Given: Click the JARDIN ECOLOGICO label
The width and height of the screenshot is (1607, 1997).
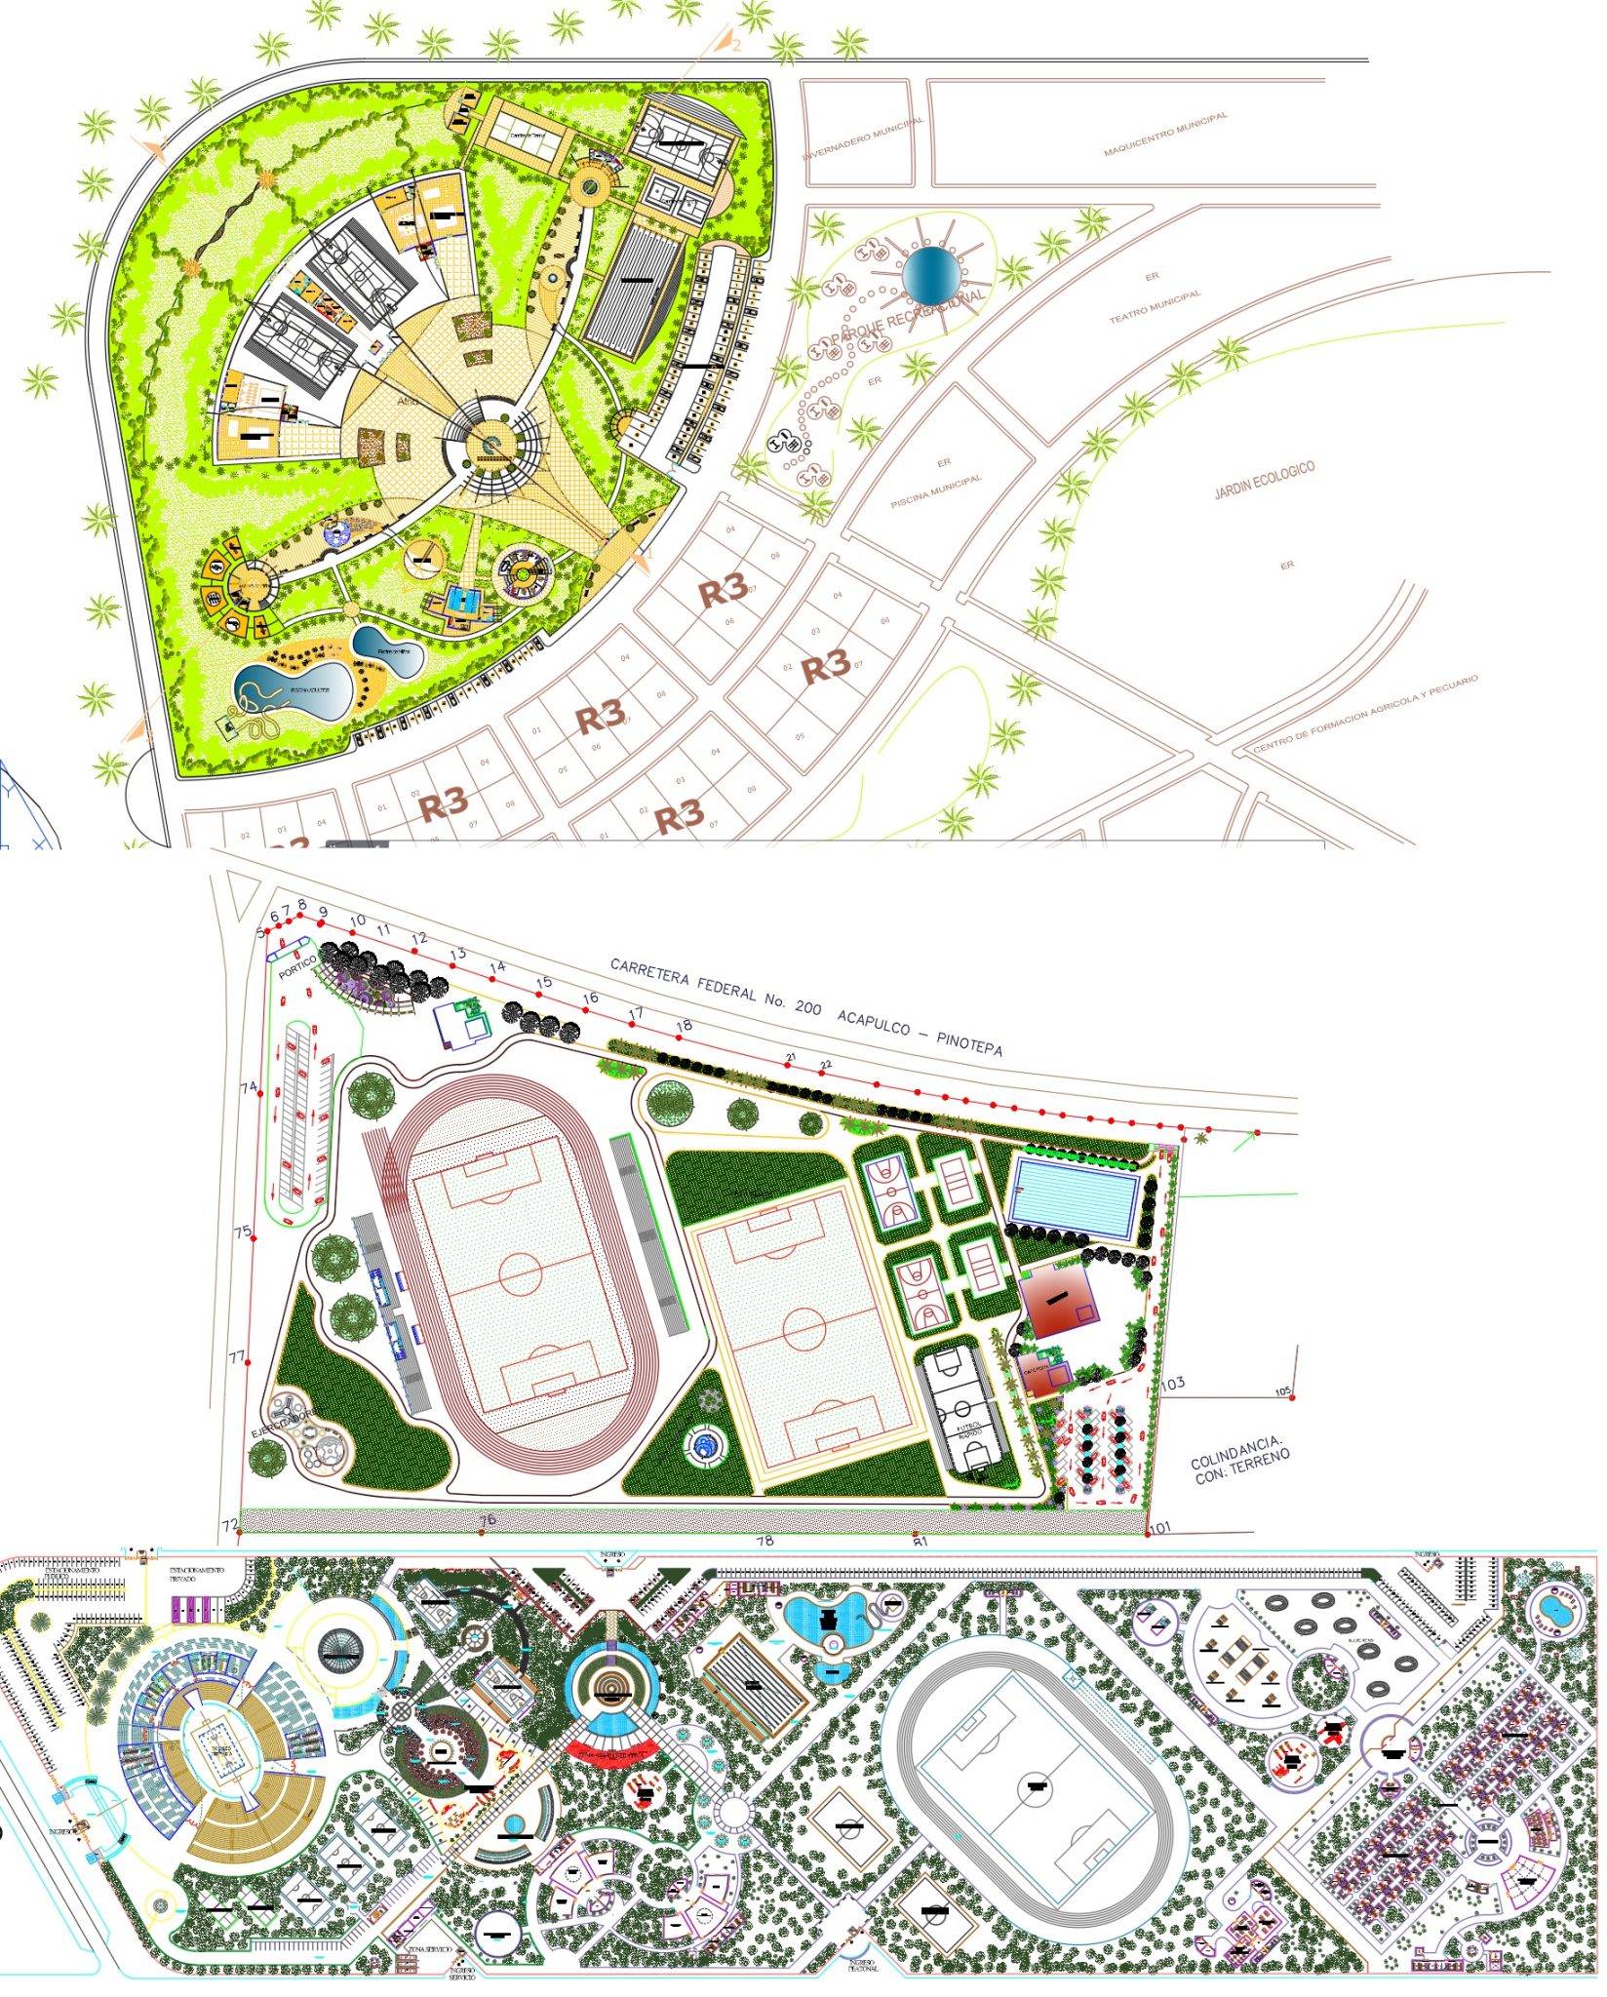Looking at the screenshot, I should (1264, 480).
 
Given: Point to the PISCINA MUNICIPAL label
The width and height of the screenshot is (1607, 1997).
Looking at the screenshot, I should (936, 491).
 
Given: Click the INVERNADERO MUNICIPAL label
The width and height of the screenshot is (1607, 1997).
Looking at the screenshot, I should (863, 139).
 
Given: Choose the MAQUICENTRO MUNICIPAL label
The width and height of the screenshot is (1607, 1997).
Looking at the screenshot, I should (1165, 135).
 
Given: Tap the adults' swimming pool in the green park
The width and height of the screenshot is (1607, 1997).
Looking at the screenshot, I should (294, 688).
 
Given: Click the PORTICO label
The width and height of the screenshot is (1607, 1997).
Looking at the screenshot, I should (297, 966).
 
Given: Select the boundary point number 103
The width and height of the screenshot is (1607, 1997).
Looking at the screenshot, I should (1173, 1382).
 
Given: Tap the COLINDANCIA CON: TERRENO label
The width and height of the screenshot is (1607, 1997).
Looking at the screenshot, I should (1240, 1460).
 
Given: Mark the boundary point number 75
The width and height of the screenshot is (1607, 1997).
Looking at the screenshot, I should (243, 1232).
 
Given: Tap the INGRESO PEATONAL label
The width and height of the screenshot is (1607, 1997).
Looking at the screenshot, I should (863, 1965).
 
